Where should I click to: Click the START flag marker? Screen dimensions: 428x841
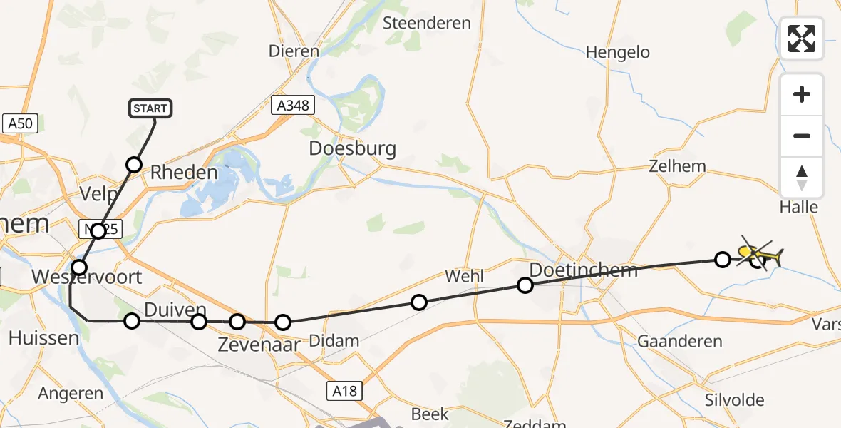pyautogui.click(x=150, y=108)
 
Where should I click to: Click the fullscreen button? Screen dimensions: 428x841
pyautogui.click(x=802, y=39)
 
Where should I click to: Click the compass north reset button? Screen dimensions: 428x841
pyautogui.click(x=802, y=178)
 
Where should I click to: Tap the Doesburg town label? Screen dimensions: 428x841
pyautogui.click(x=352, y=149)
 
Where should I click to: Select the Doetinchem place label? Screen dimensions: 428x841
pyautogui.click(x=584, y=270)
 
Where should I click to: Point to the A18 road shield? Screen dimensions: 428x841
pyautogui.click(x=345, y=390)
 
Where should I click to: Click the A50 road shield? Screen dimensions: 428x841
pyautogui.click(x=20, y=123)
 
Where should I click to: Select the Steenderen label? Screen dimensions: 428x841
pyautogui.click(x=427, y=23)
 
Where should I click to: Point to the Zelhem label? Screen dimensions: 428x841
pyautogui.click(x=677, y=166)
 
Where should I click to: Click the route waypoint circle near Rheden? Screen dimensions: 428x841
pyautogui.click(x=134, y=165)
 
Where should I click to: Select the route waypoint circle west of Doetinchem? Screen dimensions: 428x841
pyautogui.click(x=525, y=285)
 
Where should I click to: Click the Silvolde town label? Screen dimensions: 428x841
pyautogui.click(x=734, y=400)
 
